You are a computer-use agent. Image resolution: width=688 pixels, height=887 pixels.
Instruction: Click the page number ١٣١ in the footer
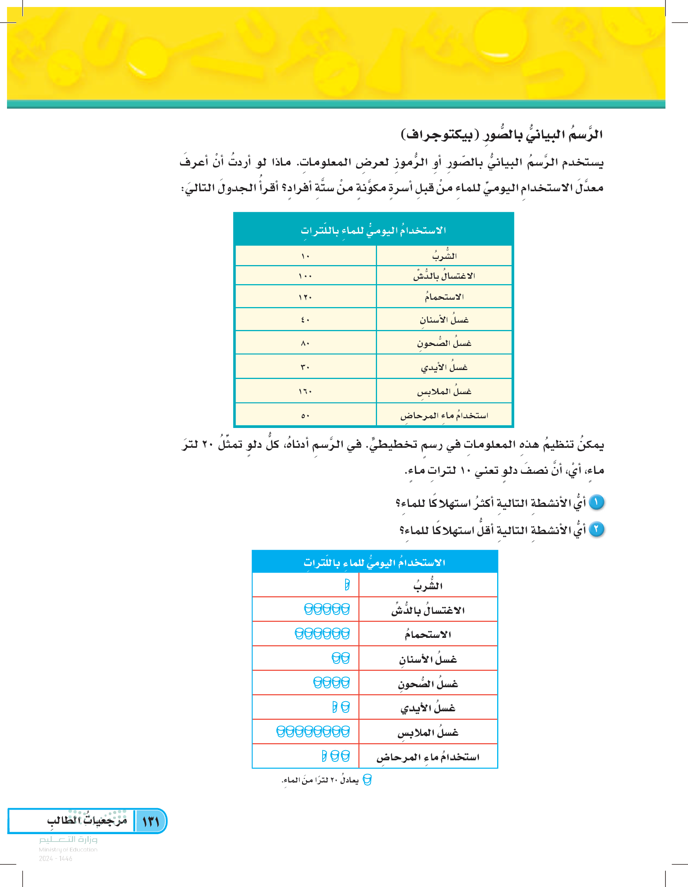click(x=151, y=822)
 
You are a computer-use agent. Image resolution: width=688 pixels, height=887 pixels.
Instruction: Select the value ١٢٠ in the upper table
click(x=305, y=297)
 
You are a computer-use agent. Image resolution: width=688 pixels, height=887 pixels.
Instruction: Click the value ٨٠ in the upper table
click(x=305, y=344)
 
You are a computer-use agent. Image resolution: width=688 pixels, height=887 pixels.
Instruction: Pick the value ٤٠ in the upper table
click(x=305, y=320)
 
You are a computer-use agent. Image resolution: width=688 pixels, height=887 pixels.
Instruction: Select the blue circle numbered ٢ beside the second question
click(x=596, y=529)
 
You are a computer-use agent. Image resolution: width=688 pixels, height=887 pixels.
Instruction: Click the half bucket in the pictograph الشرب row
click(x=347, y=585)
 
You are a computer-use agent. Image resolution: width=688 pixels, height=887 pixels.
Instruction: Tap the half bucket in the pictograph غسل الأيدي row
click(x=335, y=707)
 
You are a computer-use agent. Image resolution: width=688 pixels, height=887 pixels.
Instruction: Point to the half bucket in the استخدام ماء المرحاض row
click(x=324, y=756)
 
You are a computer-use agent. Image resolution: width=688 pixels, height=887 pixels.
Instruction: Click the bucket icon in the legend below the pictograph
click(x=367, y=780)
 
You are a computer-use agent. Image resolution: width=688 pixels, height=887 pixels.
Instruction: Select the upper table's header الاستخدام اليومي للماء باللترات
click(x=373, y=230)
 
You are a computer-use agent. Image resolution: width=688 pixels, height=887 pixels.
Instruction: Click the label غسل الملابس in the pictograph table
click(x=428, y=733)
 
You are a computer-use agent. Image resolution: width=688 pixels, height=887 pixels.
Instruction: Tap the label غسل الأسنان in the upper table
click(x=444, y=320)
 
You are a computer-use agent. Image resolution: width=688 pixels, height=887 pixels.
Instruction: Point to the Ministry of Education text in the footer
click(x=68, y=849)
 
